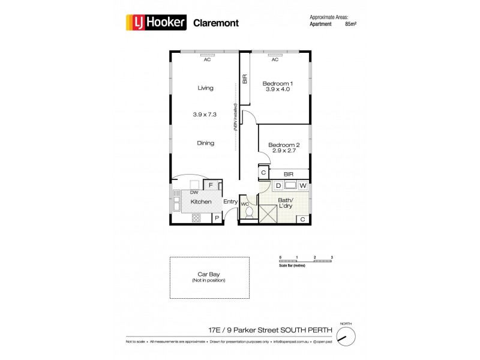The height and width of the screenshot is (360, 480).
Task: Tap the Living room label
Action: (205, 88)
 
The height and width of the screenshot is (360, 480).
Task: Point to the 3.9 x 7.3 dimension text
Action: (205, 114)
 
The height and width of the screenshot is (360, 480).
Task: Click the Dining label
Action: (205, 143)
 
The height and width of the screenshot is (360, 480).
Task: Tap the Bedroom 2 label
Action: (283, 145)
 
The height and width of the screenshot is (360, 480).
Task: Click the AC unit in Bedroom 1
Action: (275, 54)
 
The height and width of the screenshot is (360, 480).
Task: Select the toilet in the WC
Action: (248, 213)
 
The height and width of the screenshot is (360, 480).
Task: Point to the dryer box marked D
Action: (278, 186)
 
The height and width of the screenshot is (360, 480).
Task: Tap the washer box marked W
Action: (303, 186)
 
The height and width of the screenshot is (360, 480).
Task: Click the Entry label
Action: (230, 202)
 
